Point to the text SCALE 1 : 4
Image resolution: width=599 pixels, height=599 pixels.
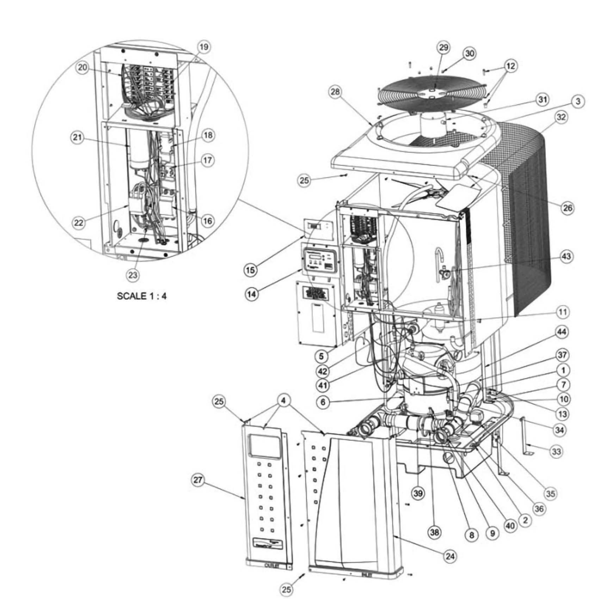coord(142,296)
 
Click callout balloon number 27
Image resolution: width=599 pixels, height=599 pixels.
coord(198,481)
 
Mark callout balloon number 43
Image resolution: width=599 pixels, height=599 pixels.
coord(567,256)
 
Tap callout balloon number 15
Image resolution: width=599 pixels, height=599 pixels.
coord(252,270)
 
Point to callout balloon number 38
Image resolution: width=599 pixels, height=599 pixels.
coord(435,532)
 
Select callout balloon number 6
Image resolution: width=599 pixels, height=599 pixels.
coord(323,402)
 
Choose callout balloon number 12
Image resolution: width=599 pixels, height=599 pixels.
coord(511,66)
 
